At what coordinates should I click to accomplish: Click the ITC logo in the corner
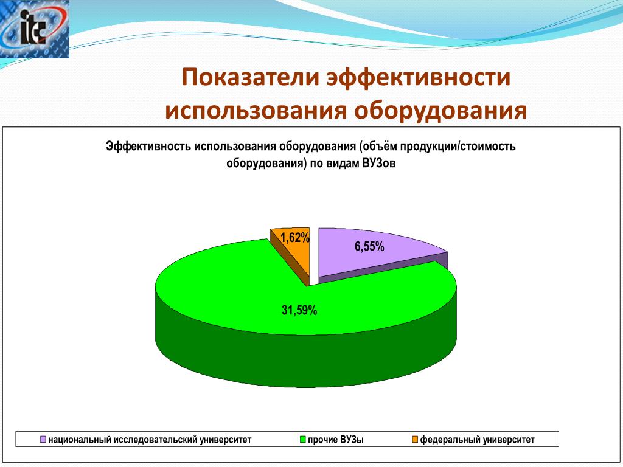tap(35, 29)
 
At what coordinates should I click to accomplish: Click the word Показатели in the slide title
tap(251, 77)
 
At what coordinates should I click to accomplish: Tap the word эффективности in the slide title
tap(419, 77)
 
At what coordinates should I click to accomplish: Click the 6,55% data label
tap(369, 247)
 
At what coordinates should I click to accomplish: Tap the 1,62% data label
tap(295, 238)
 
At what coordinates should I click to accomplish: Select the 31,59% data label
tap(299, 310)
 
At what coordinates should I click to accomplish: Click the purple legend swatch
tap(43, 439)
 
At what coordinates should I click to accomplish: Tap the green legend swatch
tap(303, 439)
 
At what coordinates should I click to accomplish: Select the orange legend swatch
tap(415, 439)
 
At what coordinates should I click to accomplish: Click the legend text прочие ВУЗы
tap(336, 440)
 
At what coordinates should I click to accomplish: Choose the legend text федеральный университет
tap(477, 440)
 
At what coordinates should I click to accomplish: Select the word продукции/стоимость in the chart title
tap(458, 146)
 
